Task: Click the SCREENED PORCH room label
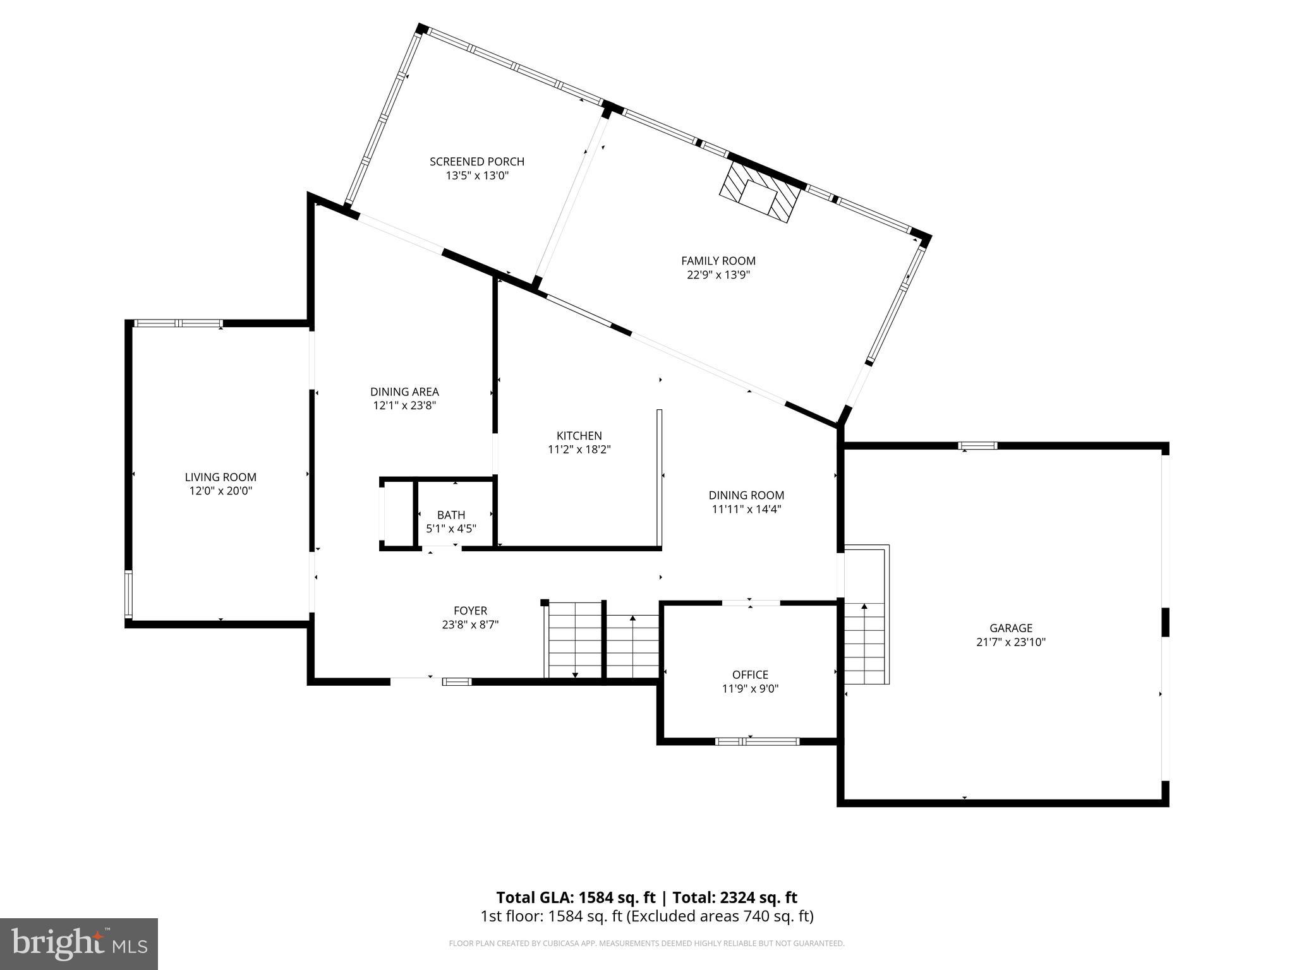tap(477, 162)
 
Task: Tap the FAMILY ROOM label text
tap(718, 260)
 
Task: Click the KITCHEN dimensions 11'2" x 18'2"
tap(579, 450)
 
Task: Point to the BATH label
tap(450, 515)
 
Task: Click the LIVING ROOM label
tap(221, 477)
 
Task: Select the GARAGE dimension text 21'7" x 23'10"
tap(1011, 642)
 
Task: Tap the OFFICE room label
tap(750, 674)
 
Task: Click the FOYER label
tap(470, 611)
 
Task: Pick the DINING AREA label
tap(404, 392)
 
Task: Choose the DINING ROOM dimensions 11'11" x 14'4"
tap(746, 509)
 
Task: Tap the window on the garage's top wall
tap(977, 446)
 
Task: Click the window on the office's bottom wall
tap(757, 741)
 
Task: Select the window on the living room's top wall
tap(179, 323)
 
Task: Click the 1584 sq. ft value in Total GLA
tap(619, 897)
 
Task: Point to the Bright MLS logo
tap(79, 943)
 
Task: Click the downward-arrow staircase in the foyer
tap(574, 639)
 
